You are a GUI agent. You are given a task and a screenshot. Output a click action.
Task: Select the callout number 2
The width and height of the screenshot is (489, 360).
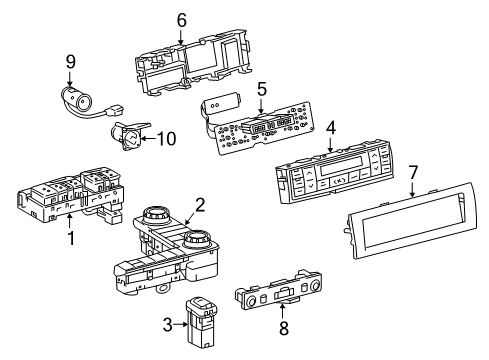click(x=200, y=205)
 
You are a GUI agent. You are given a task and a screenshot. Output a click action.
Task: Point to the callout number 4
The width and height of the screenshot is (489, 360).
click(x=331, y=127)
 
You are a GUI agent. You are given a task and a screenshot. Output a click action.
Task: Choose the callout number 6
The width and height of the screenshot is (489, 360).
click(x=181, y=19)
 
